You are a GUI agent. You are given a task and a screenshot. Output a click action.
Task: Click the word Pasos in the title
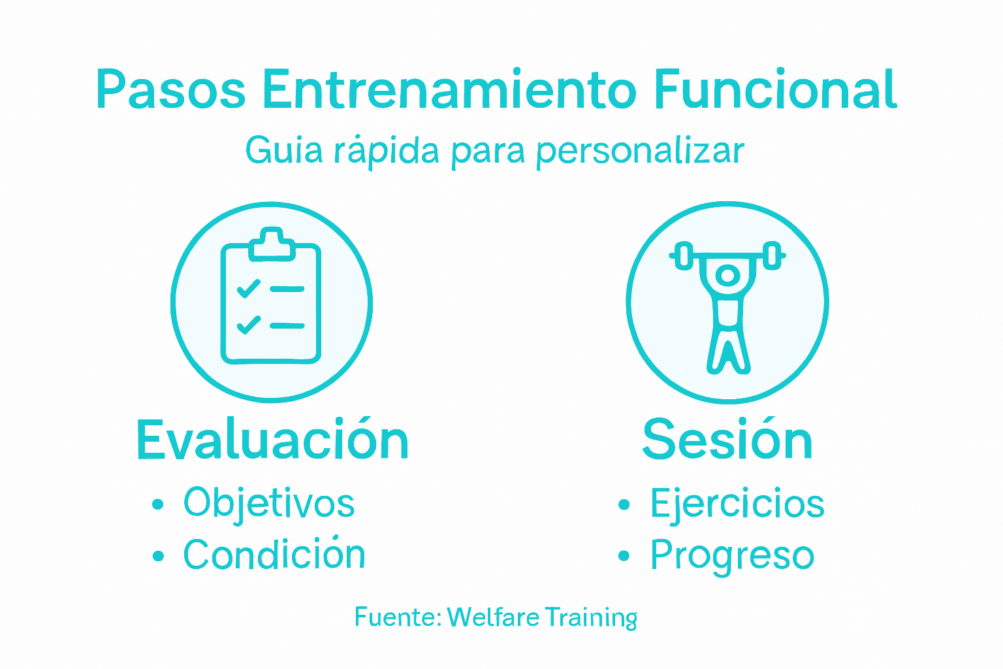pos(170,90)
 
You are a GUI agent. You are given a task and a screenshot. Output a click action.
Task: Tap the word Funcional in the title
pos(775,90)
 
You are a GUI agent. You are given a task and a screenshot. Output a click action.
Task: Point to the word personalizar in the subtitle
pos(639,152)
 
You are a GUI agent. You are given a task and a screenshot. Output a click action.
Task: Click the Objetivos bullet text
pos(268,504)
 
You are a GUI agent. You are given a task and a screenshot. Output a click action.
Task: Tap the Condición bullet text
pos(274,555)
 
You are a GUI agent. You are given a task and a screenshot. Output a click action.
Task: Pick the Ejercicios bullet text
pos(737,504)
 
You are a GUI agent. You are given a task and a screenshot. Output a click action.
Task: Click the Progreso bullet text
pos(732,556)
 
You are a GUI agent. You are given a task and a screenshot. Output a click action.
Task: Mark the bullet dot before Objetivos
pos(157,504)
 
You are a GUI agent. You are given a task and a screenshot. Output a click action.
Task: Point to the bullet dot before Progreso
pos(624,556)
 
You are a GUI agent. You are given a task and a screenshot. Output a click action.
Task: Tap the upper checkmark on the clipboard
pos(248,288)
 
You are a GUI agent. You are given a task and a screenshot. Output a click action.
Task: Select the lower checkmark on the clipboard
pos(248,324)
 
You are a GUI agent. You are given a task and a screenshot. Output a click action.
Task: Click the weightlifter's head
pos(727,276)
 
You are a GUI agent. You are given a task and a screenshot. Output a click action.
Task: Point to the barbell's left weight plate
pos(683,255)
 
